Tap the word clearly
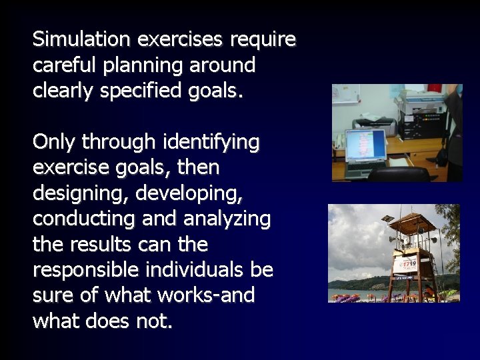[x=63, y=91]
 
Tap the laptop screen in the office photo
[x=365, y=144]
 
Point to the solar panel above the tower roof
[x=387, y=219]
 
